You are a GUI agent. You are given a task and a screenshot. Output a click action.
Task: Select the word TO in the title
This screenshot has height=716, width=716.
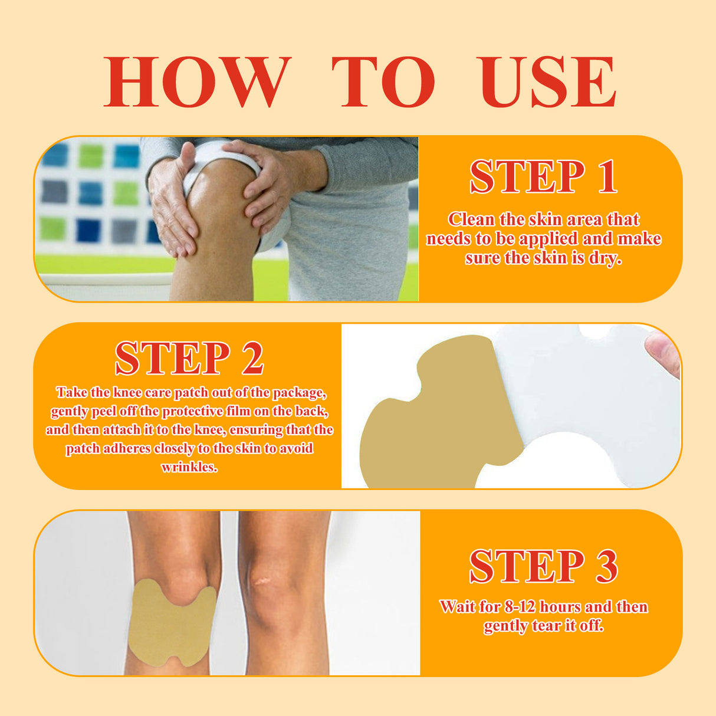coord(384,82)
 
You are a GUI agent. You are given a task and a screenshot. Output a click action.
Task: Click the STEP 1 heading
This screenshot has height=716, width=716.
coord(543,177)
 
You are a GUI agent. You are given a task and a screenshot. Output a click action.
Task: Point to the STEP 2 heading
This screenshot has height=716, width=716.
coord(189,359)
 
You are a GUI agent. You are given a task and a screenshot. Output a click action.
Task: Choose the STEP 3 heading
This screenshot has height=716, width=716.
coord(543,567)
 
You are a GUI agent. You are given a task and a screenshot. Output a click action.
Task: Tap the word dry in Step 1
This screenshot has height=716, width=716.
coord(604,258)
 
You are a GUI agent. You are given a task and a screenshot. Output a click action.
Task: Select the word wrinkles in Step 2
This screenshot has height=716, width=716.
coord(189,467)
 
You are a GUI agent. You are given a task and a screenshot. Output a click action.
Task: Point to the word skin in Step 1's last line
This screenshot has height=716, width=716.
coord(550,258)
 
